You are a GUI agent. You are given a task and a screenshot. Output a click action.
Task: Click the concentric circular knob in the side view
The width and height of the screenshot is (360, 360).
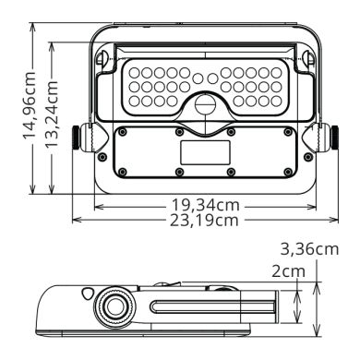pyautogui.click(x=114, y=307)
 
